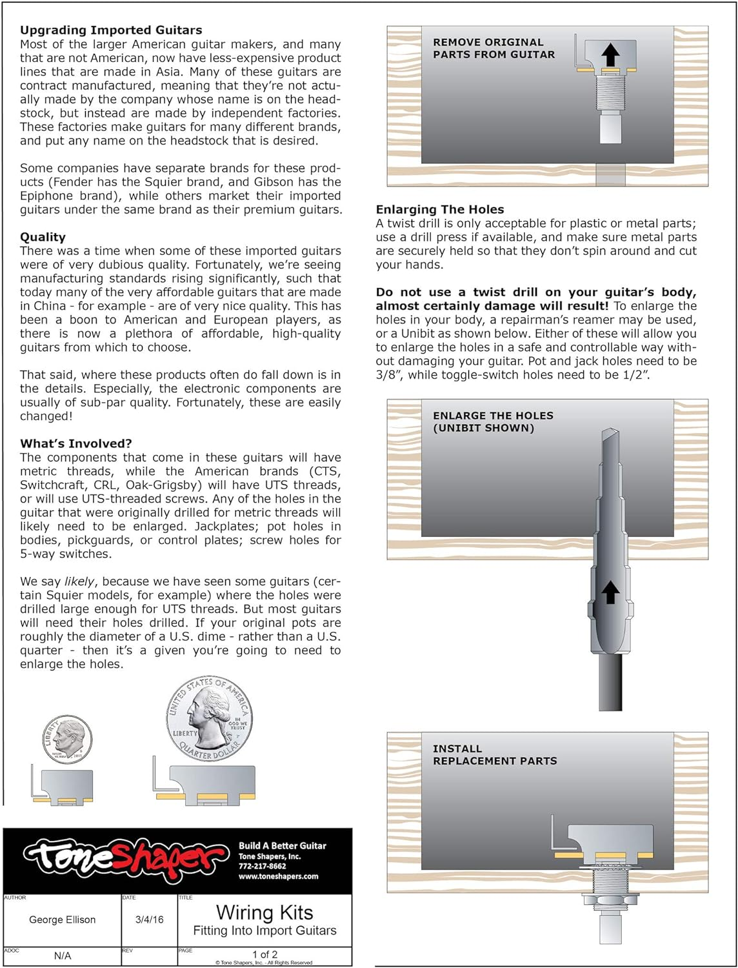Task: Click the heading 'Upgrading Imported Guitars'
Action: pyautogui.click(x=111, y=30)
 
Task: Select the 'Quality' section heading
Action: pyautogui.click(x=43, y=237)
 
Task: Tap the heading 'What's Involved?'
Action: pyautogui.click(x=76, y=443)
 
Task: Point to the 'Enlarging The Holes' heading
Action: pyautogui.click(x=440, y=209)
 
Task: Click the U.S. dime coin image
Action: pyautogui.click(x=67, y=739)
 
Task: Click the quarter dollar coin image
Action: pyautogui.click(x=210, y=718)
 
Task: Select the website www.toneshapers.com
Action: pyautogui.click(x=278, y=876)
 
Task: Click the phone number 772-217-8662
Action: pyautogui.click(x=262, y=866)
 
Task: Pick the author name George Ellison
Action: pyautogui.click(x=63, y=920)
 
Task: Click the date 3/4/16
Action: pyautogui.click(x=149, y=920)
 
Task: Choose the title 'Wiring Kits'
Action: pyautogui.click(x=264, y=913)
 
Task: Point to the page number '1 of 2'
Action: pyautogui.click(x=264, y=954)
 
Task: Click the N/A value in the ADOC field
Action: pyautogui.click(x=63, y=956)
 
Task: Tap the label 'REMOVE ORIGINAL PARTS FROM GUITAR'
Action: pyautogui.click(x=494, y=48)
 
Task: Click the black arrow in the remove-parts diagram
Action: pyautogui.click(x=610, y=55)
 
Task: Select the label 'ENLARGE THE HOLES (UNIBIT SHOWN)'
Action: pyautogui.click(x=493, y=421)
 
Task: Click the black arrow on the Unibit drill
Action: pyautogui.click(x=610, y=592)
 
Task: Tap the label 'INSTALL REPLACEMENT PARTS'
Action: pyautogui.click(x=495, y=754)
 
